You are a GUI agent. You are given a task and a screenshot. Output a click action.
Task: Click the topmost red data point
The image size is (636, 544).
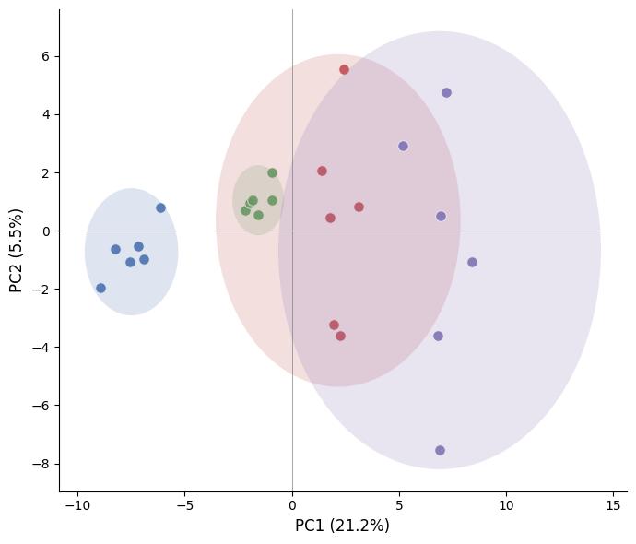(344, 69)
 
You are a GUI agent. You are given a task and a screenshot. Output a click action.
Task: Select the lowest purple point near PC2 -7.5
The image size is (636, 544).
(440, 450)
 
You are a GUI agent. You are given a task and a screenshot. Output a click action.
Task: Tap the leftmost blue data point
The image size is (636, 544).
(100, 288)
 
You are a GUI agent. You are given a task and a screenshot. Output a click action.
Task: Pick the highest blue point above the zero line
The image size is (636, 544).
(160, 207)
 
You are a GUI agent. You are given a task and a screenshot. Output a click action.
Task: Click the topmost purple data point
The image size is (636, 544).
(446, 92)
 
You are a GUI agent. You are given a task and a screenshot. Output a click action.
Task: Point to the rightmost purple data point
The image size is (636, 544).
(472, 262)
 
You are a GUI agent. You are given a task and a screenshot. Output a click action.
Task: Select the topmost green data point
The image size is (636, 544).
(272, 172)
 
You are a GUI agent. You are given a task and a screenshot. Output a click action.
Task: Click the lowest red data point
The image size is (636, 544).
(340, 336)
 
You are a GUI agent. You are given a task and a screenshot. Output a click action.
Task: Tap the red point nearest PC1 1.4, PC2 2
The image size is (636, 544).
(322, 171)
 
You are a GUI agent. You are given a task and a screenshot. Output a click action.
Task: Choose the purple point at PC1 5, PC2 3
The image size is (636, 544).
(403, 146)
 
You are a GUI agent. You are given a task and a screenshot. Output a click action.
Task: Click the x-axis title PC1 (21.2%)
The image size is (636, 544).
(342, 526)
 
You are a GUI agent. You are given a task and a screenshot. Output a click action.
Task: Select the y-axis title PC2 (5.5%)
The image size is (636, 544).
(16, 250)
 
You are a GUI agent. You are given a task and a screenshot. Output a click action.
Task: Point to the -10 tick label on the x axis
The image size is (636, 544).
(77, 505)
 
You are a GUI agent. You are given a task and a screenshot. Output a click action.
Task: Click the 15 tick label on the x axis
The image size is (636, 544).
(613, 505)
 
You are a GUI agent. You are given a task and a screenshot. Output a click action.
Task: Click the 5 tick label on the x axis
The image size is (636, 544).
(399, 505)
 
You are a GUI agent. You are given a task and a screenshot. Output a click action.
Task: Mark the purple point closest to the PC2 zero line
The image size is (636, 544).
(441, 216)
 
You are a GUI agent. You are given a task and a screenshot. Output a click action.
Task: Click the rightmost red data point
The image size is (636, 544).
(359, 207)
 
